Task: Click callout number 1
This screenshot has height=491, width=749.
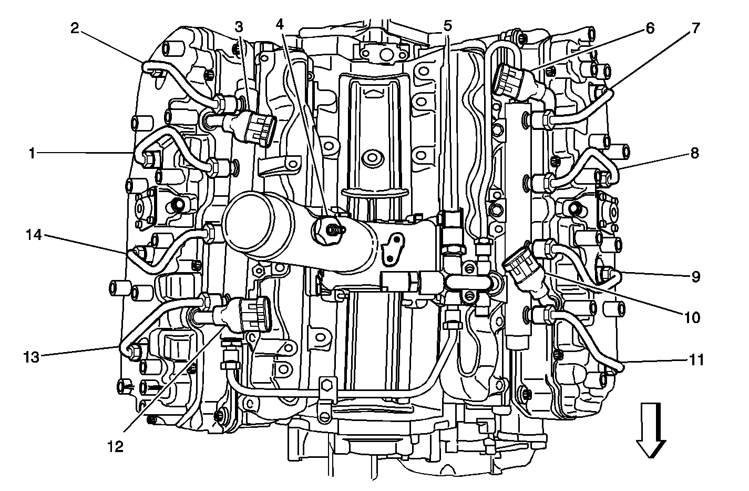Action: (x=32, y=154)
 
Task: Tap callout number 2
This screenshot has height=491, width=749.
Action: (x=75, y=28)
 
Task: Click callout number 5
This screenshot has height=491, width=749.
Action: (x=448, y=25)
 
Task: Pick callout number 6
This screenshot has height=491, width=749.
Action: (x=650, y=28)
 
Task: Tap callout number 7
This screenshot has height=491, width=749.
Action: (x=695, y=28)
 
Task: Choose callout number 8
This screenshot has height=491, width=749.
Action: (x=694, y=153)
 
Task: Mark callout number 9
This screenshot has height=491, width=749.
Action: (x=695, y=277)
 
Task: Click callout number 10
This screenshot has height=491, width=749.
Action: (x=692, y=317)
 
